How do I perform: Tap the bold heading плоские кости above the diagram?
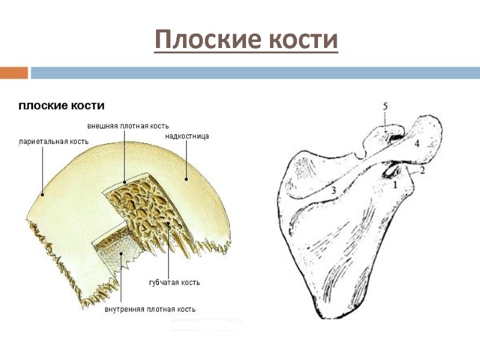[x=62, y=106]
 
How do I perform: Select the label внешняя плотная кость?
[x=128, y=126]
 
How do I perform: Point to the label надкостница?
[x=187, y=137]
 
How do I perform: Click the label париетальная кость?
[x=54, y=142]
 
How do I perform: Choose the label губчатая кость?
[x=175, y=282]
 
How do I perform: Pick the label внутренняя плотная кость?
[x=150, y=310]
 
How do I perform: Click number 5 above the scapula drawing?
[x=385, y=106]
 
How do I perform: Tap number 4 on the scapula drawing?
[x=416, y=144]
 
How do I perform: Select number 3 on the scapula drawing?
[x=333, y=190]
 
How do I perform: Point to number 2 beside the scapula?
[x=422, y=170]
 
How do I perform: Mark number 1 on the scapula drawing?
[x=395, y=185]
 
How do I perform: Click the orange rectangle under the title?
[x=14, y=73]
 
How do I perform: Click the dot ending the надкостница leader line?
[x=187, y=178]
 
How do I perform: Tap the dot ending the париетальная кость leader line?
[x=41, y=194]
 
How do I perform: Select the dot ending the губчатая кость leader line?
[x=169, y=226]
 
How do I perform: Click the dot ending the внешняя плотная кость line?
[x=124, y=181]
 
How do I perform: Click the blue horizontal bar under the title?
[x=255, y=73]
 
